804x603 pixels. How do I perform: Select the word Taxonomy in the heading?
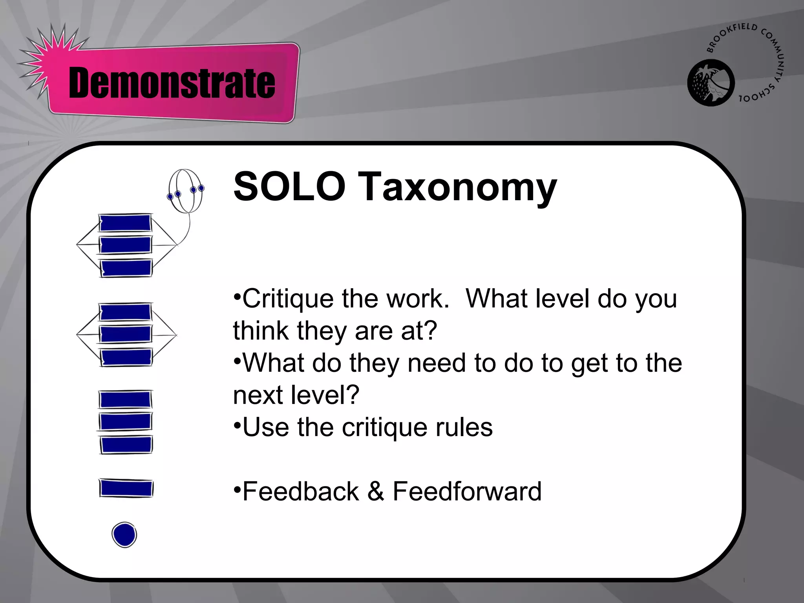458,188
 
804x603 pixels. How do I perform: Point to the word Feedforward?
467,491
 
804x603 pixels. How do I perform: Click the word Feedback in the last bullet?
301,491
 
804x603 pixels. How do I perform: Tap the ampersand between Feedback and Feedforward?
376,491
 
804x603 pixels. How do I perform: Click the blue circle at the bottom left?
124,535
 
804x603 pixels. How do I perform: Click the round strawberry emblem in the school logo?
711,83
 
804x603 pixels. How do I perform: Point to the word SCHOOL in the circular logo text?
757,94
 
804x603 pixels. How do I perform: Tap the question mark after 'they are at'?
431,331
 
